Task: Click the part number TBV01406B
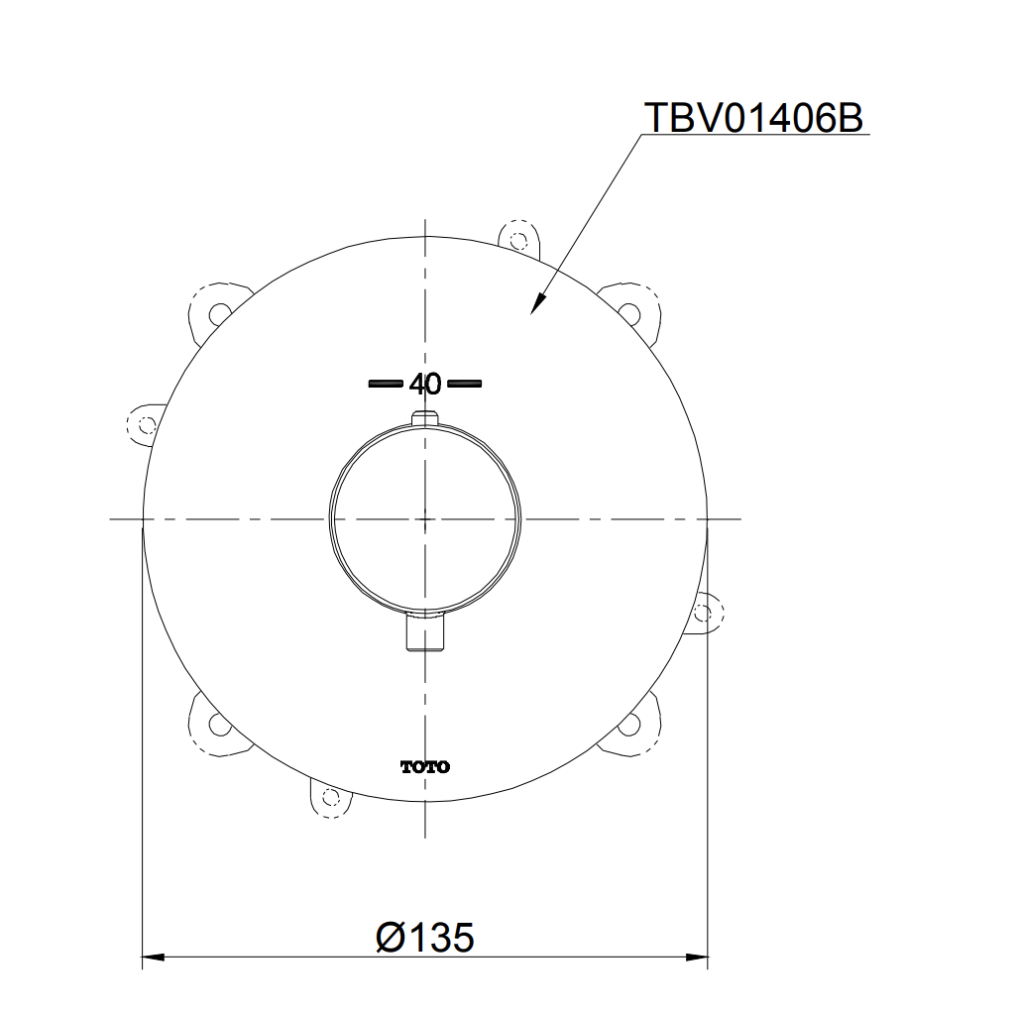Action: pyautogui.click(x=754, y=117)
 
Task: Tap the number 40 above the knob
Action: pyautogui.click(x=424, y=384)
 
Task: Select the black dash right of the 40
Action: pyautogui.click(x=464, y=383)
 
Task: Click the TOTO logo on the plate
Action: pyautogui.click(x=424, y=766)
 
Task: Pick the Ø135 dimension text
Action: pyautogui.click(x=425, y=937)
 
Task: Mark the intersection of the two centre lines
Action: pyautogui.click(x=425, y=518)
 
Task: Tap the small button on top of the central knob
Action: pyautogui.click(x=425, y=416)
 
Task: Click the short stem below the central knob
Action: pyautogui.click(x=426, y=634)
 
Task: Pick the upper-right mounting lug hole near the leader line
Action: pyautogui.click(x=628, y=310)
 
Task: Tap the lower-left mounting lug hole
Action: pyautogui.click(x=218, y=724)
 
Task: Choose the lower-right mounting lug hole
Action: pyautogui.click(x=628, y=725)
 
